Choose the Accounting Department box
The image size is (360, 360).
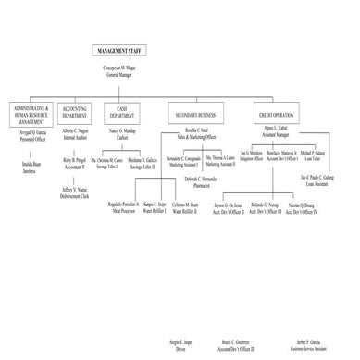(x=74, y=112)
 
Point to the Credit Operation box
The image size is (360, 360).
(x=276, y=112)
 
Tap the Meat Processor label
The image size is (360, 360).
(x=122, y=207)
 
